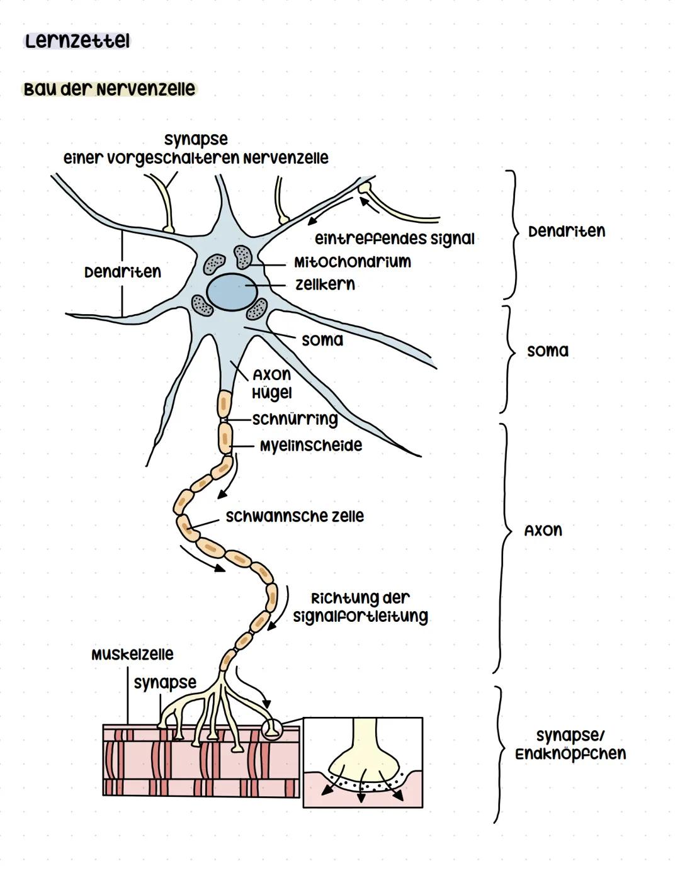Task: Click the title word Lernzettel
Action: (77, 42)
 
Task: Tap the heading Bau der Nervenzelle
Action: (108, 89)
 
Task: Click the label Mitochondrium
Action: (352, 262)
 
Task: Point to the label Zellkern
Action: (325, 284)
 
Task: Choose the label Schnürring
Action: (295, 419)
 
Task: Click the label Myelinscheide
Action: (311, 446)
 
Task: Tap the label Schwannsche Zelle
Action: (295, 516)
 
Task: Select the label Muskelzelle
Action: (132, 655)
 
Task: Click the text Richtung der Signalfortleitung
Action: (360, 607)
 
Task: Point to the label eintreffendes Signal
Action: (394, 239)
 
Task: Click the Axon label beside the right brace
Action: (543, 531)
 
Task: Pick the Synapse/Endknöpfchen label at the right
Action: (570, 745)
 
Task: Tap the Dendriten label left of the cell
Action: (123, 272)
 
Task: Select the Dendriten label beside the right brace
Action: (567, 232)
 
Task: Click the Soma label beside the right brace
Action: (547, 351)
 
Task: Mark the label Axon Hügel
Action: (272, 384)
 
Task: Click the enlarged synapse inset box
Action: (363, 762)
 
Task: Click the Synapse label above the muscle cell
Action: (165, 683)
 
